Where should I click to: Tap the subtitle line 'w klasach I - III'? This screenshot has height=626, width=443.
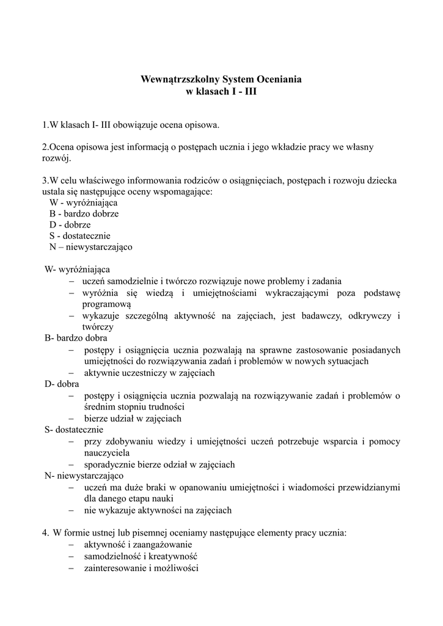coord(221,91)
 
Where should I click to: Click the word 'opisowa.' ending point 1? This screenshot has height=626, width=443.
coord(200,125)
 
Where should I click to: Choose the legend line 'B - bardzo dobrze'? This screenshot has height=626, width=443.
coord(84,214)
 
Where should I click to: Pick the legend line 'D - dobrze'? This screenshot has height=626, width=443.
coord(70,225)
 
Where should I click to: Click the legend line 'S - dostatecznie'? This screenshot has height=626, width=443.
coord(79,236)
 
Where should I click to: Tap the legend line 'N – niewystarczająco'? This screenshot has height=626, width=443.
coord(90,248)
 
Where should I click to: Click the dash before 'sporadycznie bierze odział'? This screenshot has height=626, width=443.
coord(71,465)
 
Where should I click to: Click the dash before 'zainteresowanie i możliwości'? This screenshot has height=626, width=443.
coord(71,568)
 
